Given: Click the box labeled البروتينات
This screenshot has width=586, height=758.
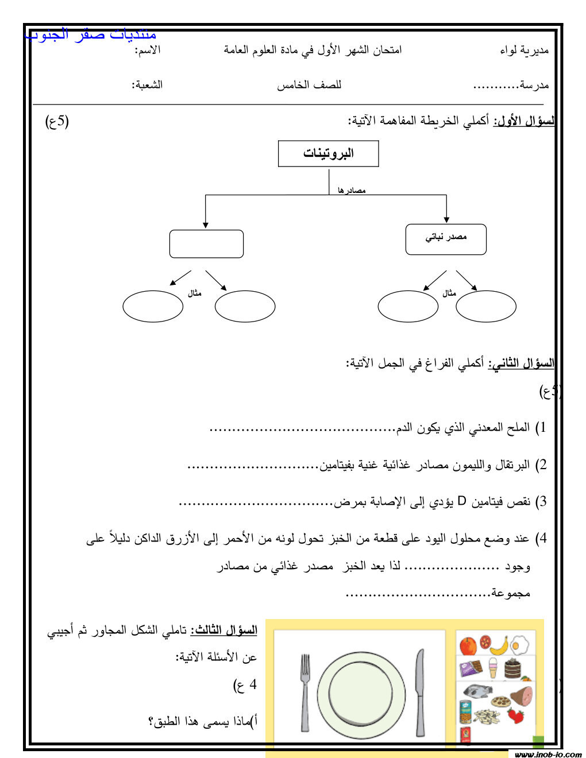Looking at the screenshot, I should pyautogui.click(x=328, y=153).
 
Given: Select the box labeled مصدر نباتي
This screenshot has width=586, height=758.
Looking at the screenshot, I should pyautogui.click(x=446, y=239).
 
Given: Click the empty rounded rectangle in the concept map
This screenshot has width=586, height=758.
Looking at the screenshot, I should pyautogui.click(x=206, y=244).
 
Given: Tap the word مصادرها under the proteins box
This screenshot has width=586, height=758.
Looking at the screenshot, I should pyautogui.click(x=352, y=190).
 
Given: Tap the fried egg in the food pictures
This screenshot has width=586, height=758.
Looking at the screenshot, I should pyautogui.click(x=521, y=645).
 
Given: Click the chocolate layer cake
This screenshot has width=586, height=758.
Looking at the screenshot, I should pyautogui.click(x=512, y=669).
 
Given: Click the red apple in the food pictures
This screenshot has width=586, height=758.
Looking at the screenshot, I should pyautogui.click(x=468, y=645).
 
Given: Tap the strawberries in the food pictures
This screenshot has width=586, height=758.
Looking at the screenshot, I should pyautogui.click(x=515, y=715).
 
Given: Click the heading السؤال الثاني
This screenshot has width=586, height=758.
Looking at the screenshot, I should pyautogui.click(x=522, y=363).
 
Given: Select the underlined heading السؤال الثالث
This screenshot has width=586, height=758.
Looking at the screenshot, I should pyautogui.click(x=224, y=631).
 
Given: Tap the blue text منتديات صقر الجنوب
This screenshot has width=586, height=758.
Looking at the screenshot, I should pyautogui.click(x=91, y=34).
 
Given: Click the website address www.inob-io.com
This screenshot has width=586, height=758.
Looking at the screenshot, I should pyautogui.click(x=548, y=754).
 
